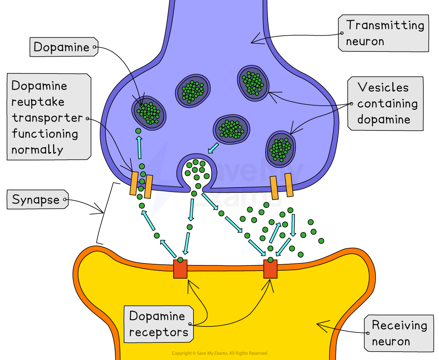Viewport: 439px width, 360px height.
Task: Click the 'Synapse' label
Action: tap(36, 200)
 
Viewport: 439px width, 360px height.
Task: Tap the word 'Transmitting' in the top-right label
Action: tap(385, 25)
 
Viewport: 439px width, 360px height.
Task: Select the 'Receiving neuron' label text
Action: tap(399, 333)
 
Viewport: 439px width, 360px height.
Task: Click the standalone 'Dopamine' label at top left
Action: tap(61, 47)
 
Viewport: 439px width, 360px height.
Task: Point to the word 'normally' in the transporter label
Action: tap(37, 150)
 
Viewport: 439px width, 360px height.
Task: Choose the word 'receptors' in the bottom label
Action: tap(158, 332)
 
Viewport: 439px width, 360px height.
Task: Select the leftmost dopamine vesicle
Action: tap(149, 113)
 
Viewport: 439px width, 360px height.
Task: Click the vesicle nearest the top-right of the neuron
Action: tap(253, 83)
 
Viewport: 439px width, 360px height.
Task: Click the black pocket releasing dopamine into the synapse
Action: tap(196, 171)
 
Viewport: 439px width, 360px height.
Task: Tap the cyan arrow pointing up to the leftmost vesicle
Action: tap(139, 146)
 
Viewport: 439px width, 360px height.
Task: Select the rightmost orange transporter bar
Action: tap(289, 185)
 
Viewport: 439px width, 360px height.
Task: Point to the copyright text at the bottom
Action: tap(219, 353)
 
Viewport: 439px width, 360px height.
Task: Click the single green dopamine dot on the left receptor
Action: tap(180, 260)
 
